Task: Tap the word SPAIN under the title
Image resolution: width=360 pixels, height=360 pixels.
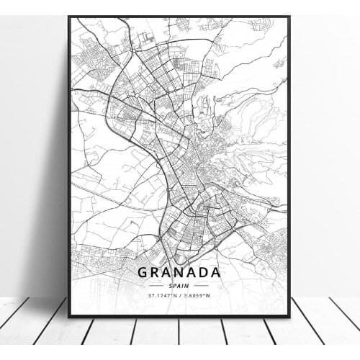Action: tap(179, 284)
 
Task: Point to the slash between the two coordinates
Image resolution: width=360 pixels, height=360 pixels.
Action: tap(180, 294)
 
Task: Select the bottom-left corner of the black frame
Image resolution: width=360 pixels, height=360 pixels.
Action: tap(69, 316)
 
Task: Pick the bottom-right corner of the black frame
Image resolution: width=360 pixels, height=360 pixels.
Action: tap(289, 316)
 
